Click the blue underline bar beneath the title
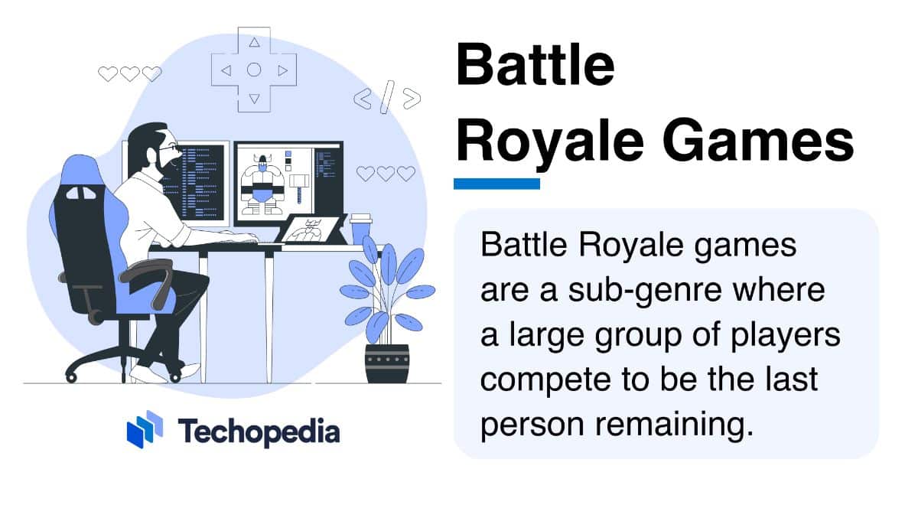496,184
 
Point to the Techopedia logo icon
145,430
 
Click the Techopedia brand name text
259,431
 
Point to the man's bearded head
153,149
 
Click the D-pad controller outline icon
254,70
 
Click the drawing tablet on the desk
314,230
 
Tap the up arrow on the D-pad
254,43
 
